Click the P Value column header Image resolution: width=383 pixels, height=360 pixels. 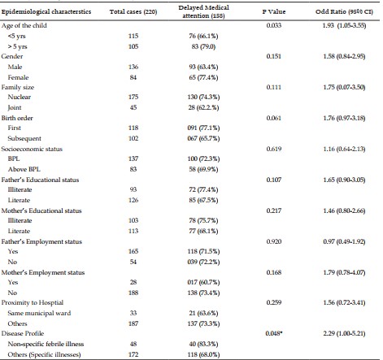pos(274,11)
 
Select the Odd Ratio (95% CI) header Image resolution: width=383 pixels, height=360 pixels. pos(344,11)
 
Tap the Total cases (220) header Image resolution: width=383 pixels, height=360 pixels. pos(133,11)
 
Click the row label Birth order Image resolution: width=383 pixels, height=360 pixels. pos(17,118)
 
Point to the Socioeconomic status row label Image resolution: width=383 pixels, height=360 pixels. pos(32,149)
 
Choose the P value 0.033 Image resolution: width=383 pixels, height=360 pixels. pos(274,25)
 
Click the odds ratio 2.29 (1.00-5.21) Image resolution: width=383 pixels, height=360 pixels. pos(344,333)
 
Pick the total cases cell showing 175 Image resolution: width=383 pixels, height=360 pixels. pos(133,97)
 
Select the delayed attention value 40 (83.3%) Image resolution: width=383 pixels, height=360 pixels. pos(203,344)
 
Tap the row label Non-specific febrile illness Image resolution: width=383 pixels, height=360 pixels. pos(46,344)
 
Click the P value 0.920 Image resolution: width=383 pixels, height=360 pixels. pos(274,241)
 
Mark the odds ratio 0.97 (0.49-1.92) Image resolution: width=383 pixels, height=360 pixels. pos(344,241)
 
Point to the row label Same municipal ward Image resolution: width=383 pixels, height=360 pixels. pos(39,313)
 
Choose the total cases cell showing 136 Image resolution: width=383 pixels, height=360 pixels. pos(133,67)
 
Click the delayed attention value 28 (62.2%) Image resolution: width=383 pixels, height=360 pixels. pos(203,107)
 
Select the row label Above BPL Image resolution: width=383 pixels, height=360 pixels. pos(24,169)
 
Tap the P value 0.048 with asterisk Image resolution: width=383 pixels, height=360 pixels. pos(274,333)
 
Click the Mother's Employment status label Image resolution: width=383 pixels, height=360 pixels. pos(43,272)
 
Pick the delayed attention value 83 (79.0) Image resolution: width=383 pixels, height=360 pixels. pos(203,46)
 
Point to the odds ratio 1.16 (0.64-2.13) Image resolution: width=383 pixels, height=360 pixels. pos(344,149)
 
